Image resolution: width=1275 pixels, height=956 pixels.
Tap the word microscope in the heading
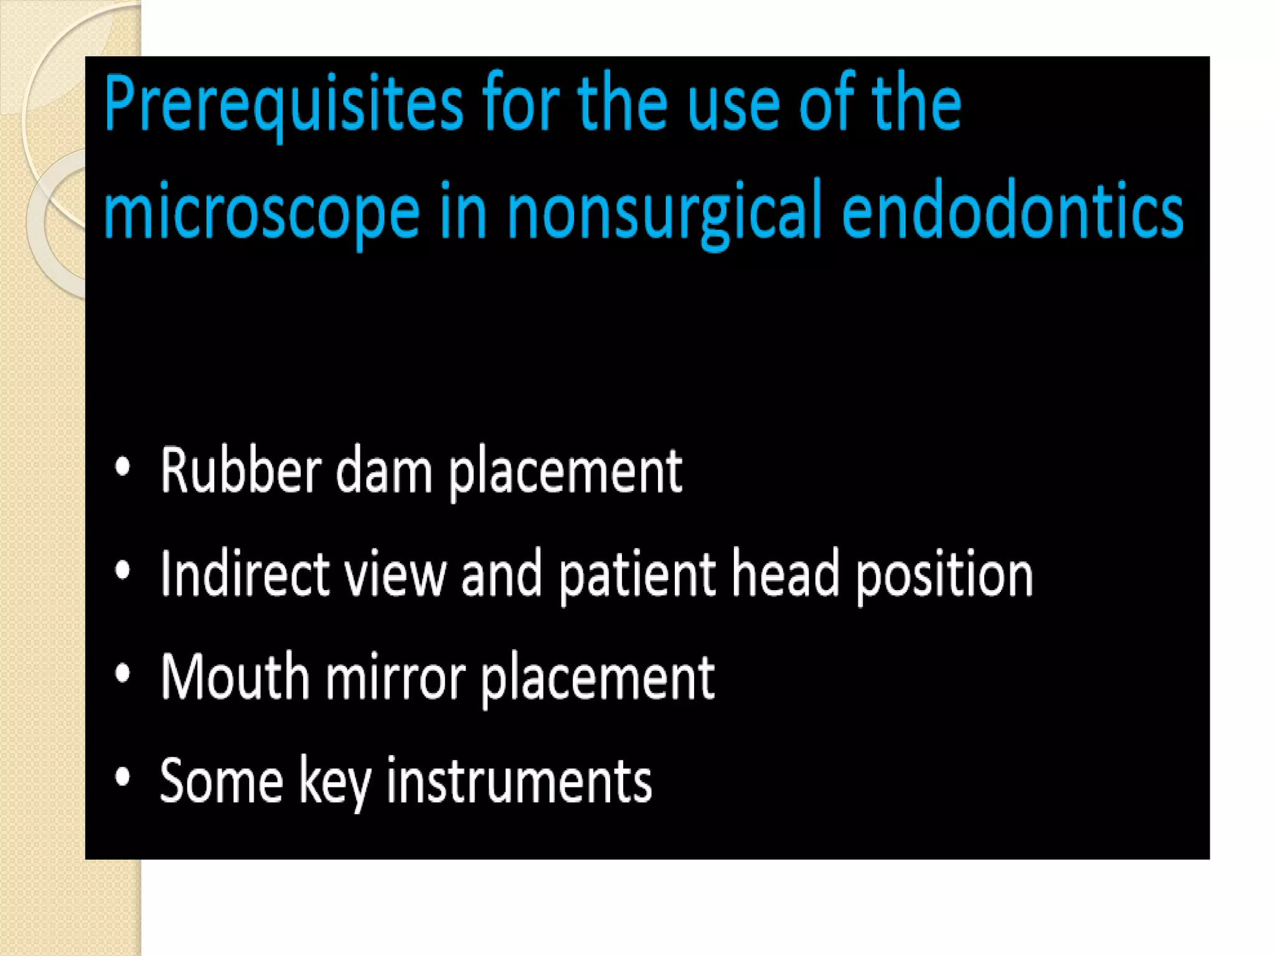click(261, 212)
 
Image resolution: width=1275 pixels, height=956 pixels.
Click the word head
click(785, 574)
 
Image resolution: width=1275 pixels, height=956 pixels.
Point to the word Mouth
click(235, 677)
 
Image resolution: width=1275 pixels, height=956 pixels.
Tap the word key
click(334, 782)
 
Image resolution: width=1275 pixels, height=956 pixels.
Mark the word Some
click(221, 780)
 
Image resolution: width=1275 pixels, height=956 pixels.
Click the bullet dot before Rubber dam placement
click(123, 467)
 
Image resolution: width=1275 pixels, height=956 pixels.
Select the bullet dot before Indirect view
click(123, 571)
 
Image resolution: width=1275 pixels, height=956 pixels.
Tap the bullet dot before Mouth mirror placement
click(123, 673)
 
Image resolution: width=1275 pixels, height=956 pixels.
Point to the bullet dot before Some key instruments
click(123, 777)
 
